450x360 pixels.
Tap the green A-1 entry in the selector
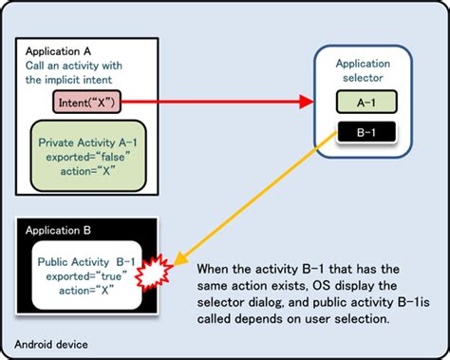(x=365, y=100)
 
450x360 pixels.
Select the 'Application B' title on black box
(x=60, y=231)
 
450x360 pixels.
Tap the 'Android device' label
(x=47, y=343)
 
